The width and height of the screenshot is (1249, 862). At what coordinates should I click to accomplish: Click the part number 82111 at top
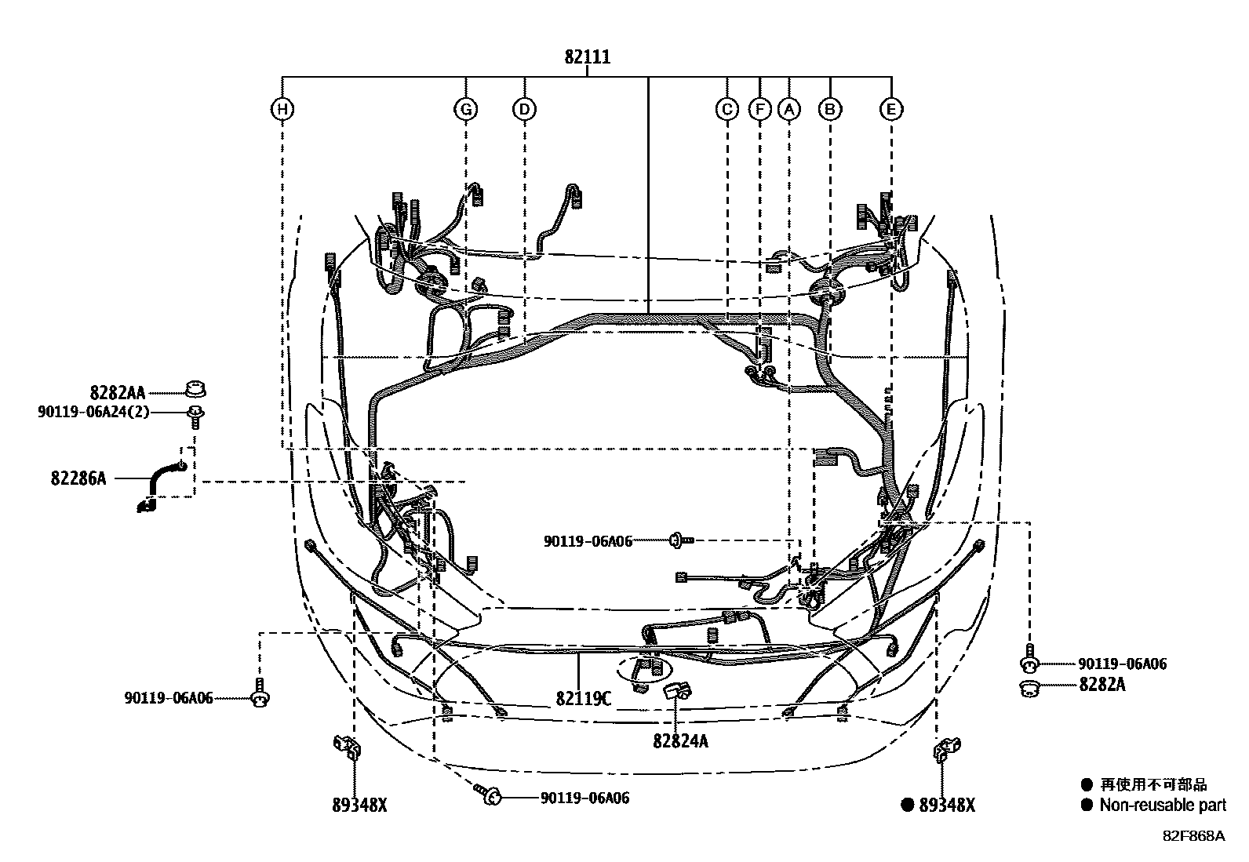tap(587, 57)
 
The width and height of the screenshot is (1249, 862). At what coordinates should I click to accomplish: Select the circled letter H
tap(282, 109)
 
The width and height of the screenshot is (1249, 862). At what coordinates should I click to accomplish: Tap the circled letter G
tap(466, 109)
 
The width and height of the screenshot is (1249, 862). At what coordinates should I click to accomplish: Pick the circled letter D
tap(524, 109)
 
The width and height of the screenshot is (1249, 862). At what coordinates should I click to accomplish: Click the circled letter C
tap(727, 109)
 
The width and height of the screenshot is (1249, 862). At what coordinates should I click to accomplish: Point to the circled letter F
tap(759, 109)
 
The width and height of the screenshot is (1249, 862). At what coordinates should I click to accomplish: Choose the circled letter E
tap(890, 109)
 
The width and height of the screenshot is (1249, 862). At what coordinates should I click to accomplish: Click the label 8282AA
tap(117, 393)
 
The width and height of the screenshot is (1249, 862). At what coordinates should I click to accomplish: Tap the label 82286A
tap(78, 478)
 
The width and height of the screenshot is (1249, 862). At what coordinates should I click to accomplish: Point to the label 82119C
tap(583, 697)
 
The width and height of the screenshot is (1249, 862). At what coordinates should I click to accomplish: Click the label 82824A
tap(679, 740)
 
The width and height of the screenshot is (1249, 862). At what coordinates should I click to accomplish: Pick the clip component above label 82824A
tap(676, 690)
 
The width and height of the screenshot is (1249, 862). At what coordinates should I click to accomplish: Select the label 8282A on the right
tap(1102, 684)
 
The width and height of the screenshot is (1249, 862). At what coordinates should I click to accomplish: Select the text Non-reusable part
tap(1162, 805)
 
